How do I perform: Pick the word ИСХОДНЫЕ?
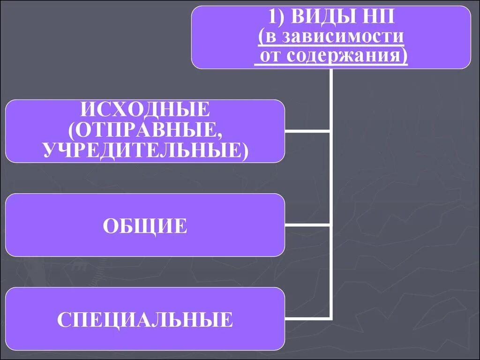145,111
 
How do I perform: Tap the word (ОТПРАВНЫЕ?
145,131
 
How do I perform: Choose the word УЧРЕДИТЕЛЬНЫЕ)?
145,150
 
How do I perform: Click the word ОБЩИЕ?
145,226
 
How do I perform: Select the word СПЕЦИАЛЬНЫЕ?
145,320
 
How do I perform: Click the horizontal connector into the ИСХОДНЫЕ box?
307,131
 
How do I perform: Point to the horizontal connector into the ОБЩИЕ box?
307,225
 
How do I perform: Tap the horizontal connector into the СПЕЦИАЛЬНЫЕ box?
307,319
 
